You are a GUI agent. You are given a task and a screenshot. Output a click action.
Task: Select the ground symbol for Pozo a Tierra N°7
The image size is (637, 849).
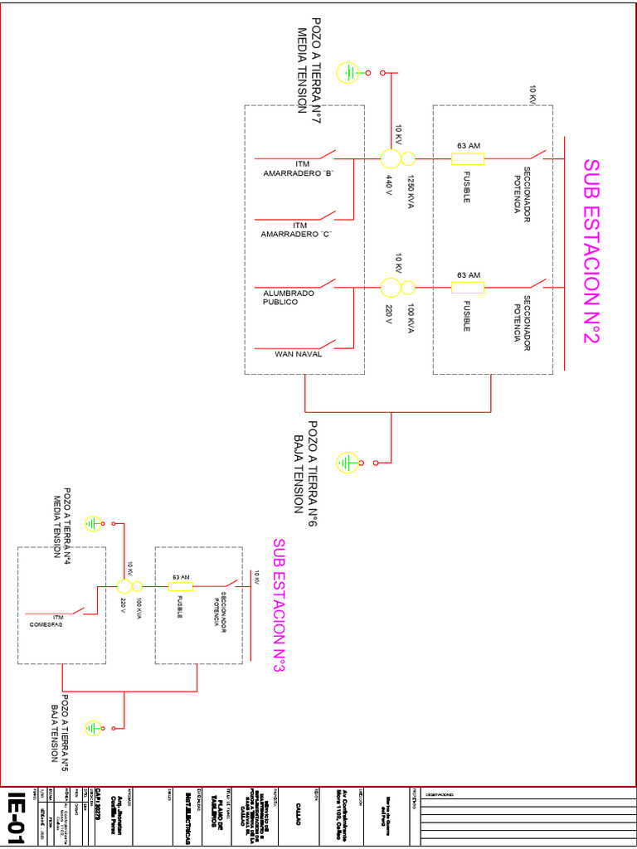point(349,73)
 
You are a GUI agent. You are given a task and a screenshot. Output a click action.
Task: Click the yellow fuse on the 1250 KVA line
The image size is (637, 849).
point(468,158)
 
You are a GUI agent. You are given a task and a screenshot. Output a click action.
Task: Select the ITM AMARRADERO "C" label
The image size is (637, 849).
point(296,230)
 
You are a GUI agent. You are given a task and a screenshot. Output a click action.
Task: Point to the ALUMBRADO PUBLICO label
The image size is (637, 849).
point(289,298)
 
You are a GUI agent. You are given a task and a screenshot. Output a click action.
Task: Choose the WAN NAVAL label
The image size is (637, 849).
point(298,354)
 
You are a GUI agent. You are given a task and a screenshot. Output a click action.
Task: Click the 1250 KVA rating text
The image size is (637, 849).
point(410,192)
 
